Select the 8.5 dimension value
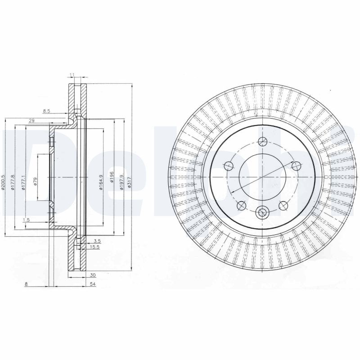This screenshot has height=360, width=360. [46, 110]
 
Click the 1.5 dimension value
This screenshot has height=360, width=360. [26, 219]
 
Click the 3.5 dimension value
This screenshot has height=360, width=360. [97, 242]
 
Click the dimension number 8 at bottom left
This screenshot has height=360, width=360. [27, 284]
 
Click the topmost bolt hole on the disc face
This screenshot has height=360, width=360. [262, 144]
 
